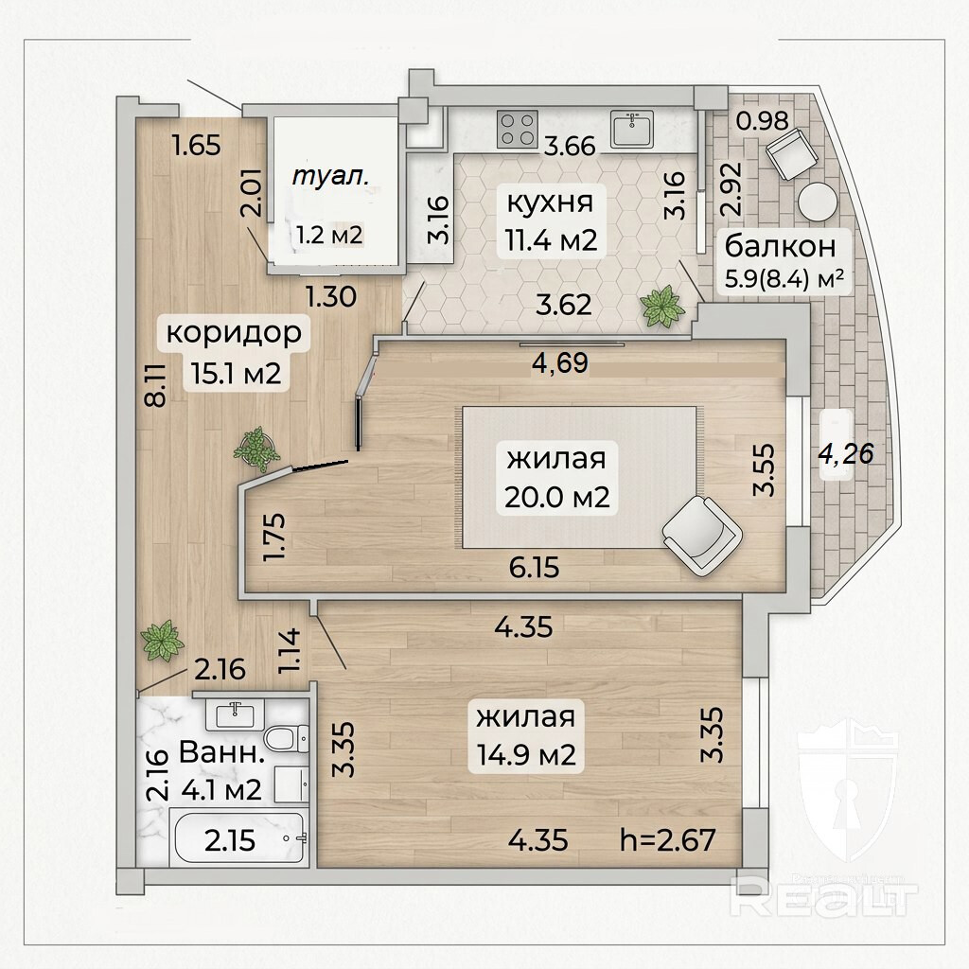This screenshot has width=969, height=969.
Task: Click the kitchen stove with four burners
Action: tap(518, 130)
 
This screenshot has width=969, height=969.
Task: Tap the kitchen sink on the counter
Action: tap(632, 129)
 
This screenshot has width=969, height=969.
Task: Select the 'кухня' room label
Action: tap(550, 203)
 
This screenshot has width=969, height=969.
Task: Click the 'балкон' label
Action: tap(780, 246)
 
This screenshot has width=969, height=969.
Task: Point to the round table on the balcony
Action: tap(817, 202)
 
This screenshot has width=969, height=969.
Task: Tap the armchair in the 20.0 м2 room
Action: tap(702, 536)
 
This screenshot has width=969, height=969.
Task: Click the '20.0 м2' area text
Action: tap(556, 497)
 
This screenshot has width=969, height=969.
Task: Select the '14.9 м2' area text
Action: tap(526, 754)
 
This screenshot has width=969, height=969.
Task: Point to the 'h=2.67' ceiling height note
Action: tap(668, 840)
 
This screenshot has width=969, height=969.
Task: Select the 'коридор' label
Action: tap(234, 332)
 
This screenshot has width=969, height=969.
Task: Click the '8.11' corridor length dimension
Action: tap(156, 384)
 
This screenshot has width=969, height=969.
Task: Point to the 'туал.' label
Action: tap(330, 177)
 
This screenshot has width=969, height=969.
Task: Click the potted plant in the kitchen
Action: tap(662, 307)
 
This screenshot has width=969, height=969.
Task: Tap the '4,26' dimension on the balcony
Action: tap(846, 453)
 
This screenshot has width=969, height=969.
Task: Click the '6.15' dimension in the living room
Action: tap(534, 568)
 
